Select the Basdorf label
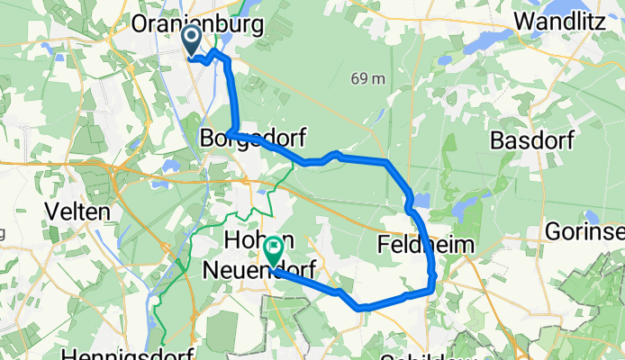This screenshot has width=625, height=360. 529,140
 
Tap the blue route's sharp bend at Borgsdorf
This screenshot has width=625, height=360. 231,134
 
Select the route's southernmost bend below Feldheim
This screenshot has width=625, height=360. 364,307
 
